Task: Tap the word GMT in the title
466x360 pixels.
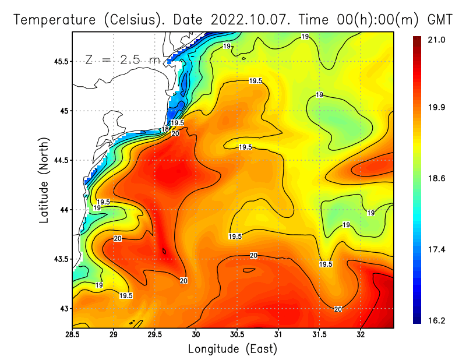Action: click(441, 19)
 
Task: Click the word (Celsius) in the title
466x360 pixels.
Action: click(135, 19)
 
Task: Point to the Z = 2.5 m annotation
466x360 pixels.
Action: click(122, 60)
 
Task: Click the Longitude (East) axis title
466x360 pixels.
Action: click(232, 349)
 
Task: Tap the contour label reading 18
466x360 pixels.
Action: click(165, 129)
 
